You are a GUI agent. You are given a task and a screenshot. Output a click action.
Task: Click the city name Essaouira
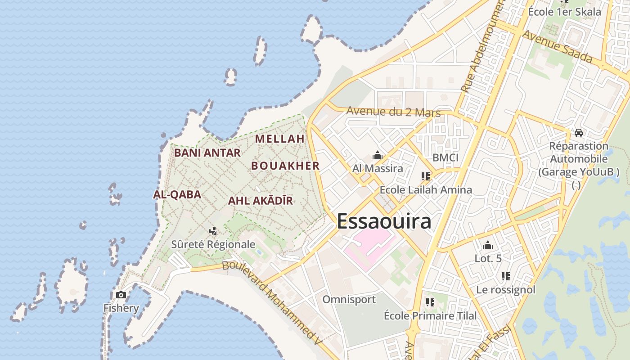384,221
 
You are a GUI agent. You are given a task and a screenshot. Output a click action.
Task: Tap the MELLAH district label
280,139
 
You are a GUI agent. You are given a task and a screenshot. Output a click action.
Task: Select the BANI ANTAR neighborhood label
207,153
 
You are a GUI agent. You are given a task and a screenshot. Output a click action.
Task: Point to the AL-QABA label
177,194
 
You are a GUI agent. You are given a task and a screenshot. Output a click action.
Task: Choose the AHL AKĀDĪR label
261,201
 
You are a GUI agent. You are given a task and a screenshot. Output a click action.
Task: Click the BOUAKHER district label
285,166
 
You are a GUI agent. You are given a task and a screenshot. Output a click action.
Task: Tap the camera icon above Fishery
121,295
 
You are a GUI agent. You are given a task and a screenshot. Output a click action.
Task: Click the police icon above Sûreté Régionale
213,231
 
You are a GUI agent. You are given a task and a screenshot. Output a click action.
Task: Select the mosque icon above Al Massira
378,156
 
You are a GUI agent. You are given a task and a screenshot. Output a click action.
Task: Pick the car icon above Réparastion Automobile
579,133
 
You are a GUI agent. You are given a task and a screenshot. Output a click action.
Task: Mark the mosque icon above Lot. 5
488,246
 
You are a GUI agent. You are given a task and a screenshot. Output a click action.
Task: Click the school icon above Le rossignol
506,276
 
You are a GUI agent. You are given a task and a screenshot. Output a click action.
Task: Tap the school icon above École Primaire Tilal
430,302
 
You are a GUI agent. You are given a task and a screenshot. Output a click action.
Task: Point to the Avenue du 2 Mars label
393,112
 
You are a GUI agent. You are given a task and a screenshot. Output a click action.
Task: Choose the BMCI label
445,157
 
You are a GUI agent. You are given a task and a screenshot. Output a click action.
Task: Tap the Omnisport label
349,299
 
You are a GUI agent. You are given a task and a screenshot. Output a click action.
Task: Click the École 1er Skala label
564,12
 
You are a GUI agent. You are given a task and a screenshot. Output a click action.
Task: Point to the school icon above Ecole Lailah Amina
426,176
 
